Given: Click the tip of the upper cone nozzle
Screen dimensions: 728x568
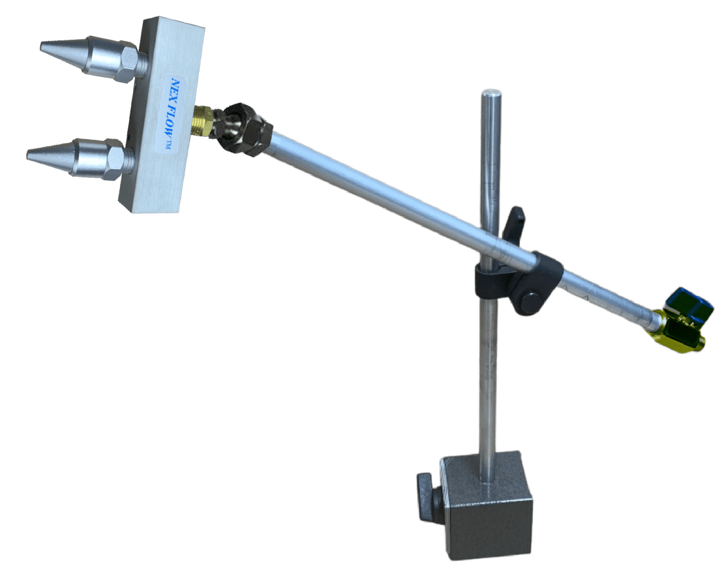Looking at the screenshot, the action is [42, 47].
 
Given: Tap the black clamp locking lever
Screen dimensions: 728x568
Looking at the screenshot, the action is [512, 223].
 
